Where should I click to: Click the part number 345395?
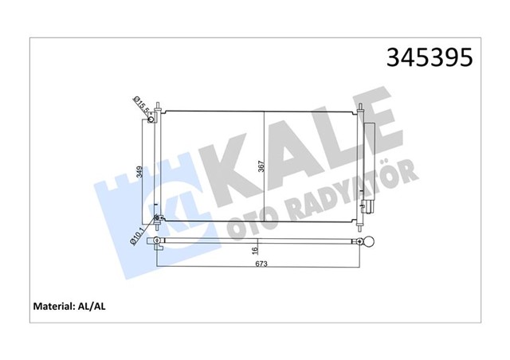point(429,57)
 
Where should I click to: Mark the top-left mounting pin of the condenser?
point(159,108)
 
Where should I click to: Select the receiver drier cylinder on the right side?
point(370,167)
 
